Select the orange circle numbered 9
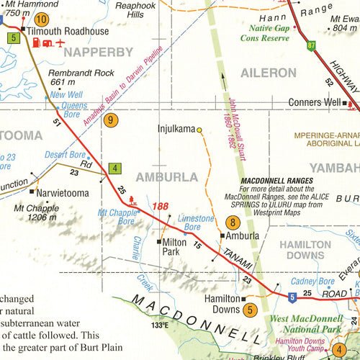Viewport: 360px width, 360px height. tap(109, 120)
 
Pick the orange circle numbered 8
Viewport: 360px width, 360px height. tap(233, 222)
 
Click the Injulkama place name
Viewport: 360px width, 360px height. tap(176, 130)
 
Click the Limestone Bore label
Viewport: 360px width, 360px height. tap(196, 222)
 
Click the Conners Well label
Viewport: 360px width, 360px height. tap(313, 102)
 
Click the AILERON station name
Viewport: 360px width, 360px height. tap(268, 73)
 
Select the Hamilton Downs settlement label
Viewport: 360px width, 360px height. tap(222, 303)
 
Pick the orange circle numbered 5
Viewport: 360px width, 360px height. tap(249, 310)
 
